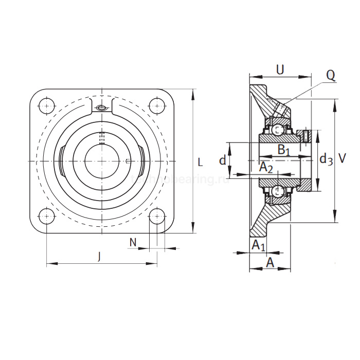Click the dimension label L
tap(200, 163)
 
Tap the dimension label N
tap(133, 242)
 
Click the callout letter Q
tap(330, 76)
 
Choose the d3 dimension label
tap(326, 160)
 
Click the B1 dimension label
tap(284, 150)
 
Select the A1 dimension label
tap(259, 246)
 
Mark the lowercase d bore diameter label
tap(222, 160)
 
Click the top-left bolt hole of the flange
tap(47, 106)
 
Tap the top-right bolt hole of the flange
tap(156, 106)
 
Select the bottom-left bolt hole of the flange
tap(47, 216)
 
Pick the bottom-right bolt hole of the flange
tap(156, 216)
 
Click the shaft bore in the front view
tap(101, 161)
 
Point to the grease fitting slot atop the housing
tap(102, 108)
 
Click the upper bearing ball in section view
tap(278, 130)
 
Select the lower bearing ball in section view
tap(278, 191)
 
